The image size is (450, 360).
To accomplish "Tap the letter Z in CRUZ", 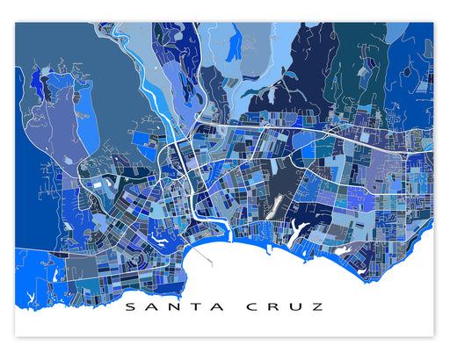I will (317, 307).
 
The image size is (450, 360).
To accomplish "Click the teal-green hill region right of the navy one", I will (356, 61).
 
